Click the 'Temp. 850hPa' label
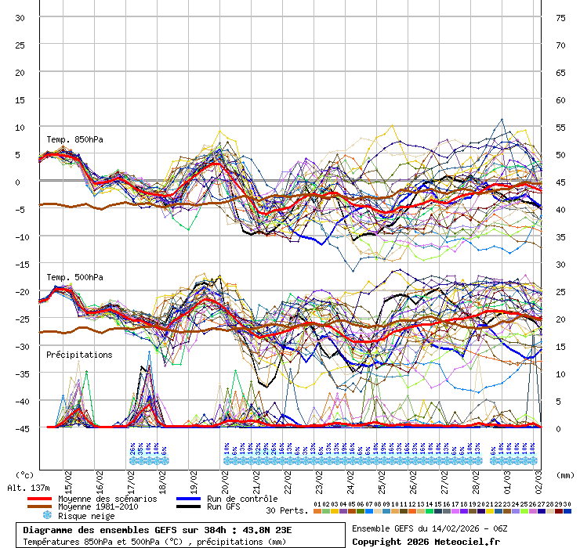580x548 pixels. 74,140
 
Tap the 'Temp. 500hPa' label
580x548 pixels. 74,277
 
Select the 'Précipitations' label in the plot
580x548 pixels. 79,355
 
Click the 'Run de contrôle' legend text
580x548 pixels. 241,499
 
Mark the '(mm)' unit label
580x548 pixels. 564,474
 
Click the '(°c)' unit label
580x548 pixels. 25,474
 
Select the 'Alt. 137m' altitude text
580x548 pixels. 29,488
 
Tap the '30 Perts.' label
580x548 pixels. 287,510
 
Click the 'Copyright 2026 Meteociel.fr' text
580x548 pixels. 426,542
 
